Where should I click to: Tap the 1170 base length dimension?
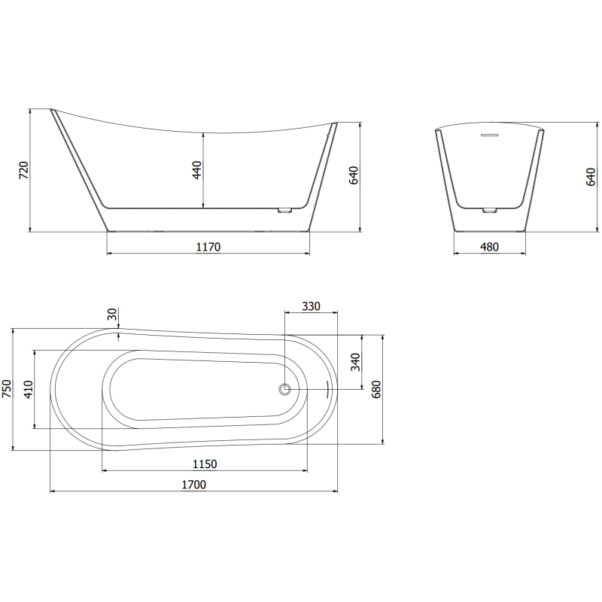(208, 247)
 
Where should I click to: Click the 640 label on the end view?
(591, 176)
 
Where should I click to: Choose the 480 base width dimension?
(490, 247)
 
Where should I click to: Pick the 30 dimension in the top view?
(112, 315)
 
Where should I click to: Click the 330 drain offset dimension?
(311, 306)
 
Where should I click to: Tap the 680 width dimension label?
(377, 389)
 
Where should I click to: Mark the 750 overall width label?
(7, 389)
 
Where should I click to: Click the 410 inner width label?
(28, 389)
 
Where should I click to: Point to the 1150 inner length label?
(205, 464)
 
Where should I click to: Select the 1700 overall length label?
(193, 485)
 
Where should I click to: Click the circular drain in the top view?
(284, 389)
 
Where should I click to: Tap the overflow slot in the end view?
(490, 135)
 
